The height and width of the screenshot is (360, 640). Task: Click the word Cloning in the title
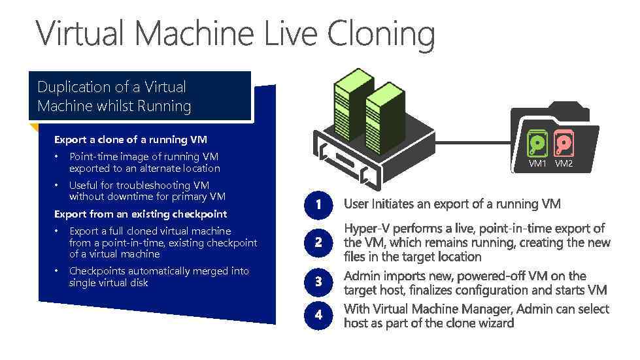pyautogui.click(x=380, y=34)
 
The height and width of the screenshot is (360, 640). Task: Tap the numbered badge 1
pyautogui.click(x=318, y=205)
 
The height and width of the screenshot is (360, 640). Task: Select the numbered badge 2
pyautogui.click(x=318, y=242)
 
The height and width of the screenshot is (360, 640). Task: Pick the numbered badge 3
pyautogui.click(x=318, y=282)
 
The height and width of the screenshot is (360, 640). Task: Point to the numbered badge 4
pyautogui.click(x=318, y=315)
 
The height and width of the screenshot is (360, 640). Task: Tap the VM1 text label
pyautogui.click(x=538, y=164)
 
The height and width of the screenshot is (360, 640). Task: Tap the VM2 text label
pyautogui.click(x=564, y=164)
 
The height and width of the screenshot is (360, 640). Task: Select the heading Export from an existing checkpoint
pyautogui.click(x=141, y=214)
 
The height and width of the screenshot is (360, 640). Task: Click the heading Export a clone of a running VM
pyautogui.click(x=131, y=140)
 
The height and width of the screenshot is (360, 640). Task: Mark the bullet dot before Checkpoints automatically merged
pyautogui.click(x=57, y=271)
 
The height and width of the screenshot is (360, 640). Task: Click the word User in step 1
pyautogui.click(x=356, y=205)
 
